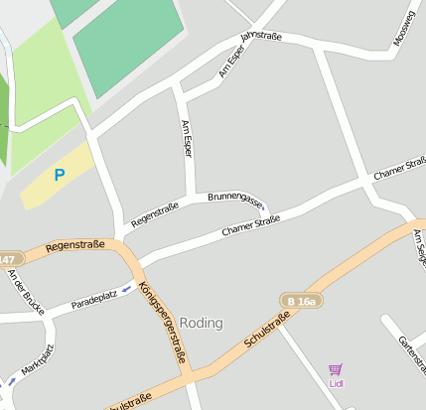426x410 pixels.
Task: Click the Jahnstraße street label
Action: coord(262,39)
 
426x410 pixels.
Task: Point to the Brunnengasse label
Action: coord(236,200)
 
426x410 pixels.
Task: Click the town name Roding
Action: coord(202,323)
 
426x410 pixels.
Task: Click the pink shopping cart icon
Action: coord(335,369)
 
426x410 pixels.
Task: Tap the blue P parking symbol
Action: coord(59,176)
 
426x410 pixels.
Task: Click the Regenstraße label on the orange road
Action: coord(75,244)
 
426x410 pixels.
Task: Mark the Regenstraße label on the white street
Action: coord(155,211)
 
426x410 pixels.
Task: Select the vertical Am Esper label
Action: coord(186,139)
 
